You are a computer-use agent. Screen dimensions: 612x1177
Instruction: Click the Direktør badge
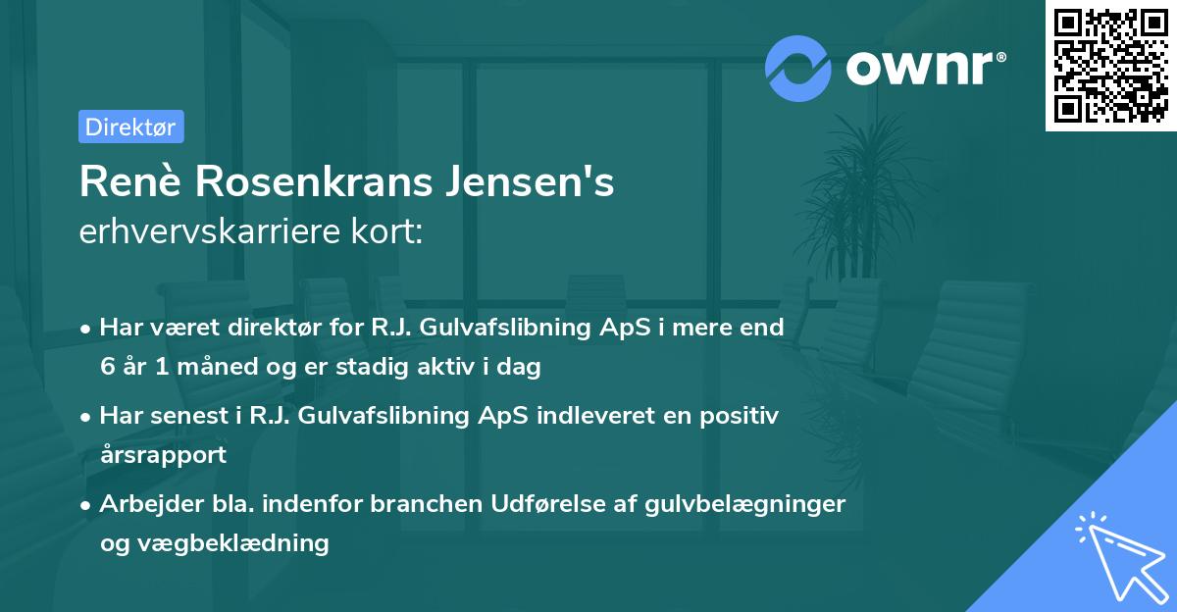(130, 127)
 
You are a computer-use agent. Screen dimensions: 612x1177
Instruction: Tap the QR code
(1109, 66)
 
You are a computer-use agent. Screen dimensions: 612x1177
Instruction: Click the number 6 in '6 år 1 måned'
(107, 368)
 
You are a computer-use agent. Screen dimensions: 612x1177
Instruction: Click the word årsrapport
(163, 454)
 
